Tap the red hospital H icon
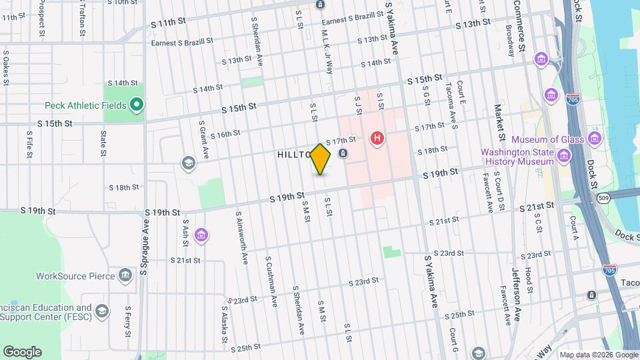[377, 139]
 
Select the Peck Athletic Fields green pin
[137, 105]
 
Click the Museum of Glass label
[547, 139]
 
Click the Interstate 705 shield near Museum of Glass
[572, 99]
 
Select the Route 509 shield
[603, 198]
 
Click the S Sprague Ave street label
[143, 245]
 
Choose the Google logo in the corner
[22, 352]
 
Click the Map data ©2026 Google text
[598, 355]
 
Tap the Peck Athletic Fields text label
[81, 105]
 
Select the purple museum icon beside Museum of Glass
[594, 139]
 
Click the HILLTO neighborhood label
[294, 154]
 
